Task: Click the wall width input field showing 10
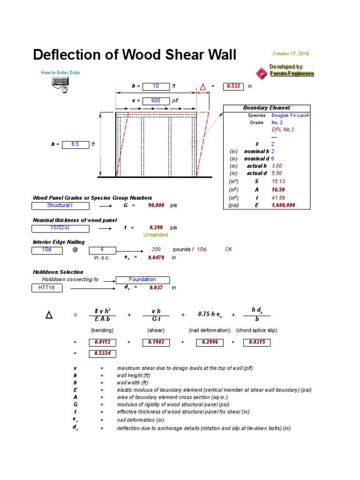(155, 86)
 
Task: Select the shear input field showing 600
(155, 100)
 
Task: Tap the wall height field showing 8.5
(75, 144)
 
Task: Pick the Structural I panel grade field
(60, 205)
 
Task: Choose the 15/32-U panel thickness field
(60, 228)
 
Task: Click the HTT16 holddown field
(46, 287)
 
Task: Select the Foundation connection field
(142, 279)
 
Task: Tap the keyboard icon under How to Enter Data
(60, 84)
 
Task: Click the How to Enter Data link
(60, 73)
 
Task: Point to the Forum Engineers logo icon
(260, 73)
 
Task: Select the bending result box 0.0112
(102, 342)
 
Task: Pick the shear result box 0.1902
(156, 342)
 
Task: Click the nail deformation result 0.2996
(210, 342)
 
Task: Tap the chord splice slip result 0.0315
(257, 342)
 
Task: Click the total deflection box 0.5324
(102, 353)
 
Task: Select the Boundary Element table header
(266, 108)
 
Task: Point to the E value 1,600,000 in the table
(283, 205)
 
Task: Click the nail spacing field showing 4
(102, 249)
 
